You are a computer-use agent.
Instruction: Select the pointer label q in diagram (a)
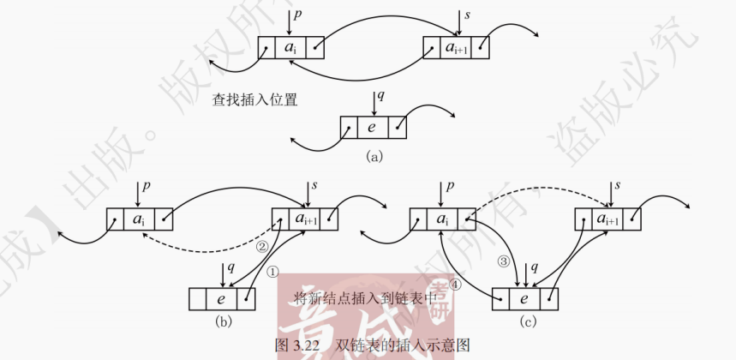click(380, 95)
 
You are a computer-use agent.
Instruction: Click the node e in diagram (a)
click(372, 128)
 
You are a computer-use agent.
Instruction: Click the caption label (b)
click(224, 322)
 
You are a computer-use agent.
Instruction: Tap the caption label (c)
click(529, 322)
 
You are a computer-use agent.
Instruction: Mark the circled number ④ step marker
click(456, 289)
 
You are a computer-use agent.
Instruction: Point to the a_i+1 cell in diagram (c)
click(610, 219)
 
